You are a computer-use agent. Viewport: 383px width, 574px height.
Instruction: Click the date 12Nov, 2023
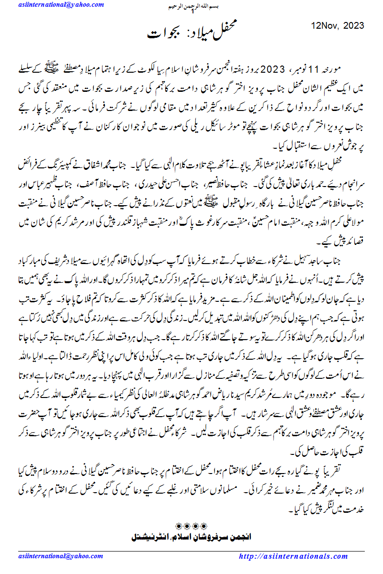pos(338,25)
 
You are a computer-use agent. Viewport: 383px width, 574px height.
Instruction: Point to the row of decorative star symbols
pos(191,525)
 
